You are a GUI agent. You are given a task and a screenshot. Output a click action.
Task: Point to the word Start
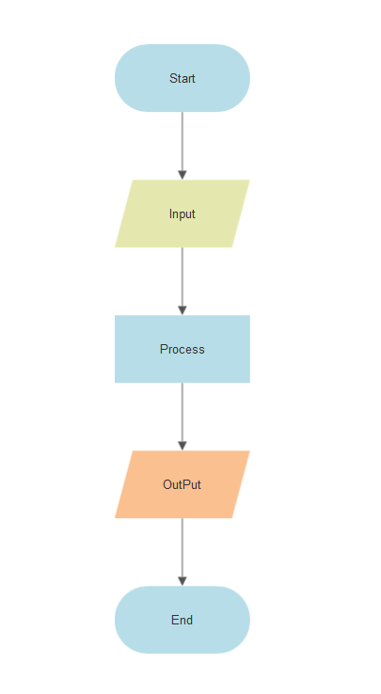click(x=183, y=78)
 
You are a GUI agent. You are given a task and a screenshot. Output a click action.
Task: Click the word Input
click(x=183, y=213)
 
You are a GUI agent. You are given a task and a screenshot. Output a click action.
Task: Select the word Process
click(x=183, y=349)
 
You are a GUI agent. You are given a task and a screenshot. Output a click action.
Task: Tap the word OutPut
click(x=183, y=485)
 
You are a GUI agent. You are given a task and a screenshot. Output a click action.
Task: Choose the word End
click(x=183, y=621)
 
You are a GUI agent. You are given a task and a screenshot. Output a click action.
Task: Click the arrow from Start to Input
click(x=183, y=141)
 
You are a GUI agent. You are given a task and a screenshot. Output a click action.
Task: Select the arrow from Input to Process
click(x=183, y=276)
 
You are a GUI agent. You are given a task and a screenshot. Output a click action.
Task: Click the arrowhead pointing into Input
click(x=183, y=174)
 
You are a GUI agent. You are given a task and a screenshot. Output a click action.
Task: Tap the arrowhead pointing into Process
click(x=183, y=309)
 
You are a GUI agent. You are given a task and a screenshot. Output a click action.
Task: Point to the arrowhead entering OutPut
click(x=183, y=445)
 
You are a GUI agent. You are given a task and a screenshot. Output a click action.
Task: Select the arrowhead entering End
click(x=183, y=580)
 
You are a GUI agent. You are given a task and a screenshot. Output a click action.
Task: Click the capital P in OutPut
click(x=183, y=485)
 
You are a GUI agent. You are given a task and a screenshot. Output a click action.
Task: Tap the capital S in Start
click(x=173, y=78)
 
